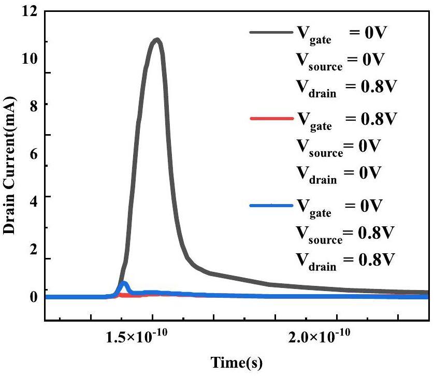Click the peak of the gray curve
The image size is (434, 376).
click(x=156, y=40)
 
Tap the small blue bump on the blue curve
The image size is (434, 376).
click(x=123, y=284)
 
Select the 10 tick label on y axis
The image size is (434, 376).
click(x=31, y=57)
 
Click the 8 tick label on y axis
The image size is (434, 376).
click(x=34, y=104)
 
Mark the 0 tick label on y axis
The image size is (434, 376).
click(x=34, y=297)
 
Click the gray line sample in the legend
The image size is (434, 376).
click(x=270, y=32)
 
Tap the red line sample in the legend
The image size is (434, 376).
click(x=270, y=119)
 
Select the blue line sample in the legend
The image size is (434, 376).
click(x=270, y=206)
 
